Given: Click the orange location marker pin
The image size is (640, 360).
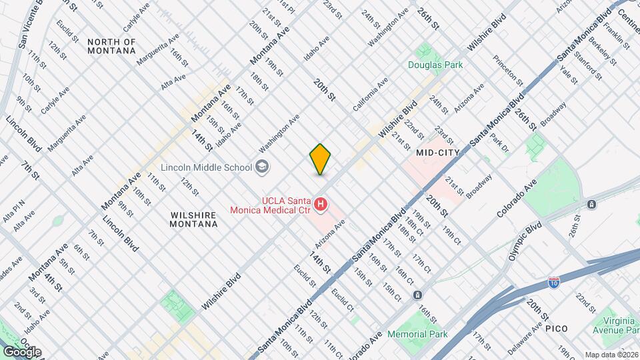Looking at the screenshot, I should [x=320, y=159].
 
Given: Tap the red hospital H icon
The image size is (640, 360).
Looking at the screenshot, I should [x=321, y=204].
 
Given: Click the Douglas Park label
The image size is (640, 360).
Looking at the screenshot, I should [x=435, y=65].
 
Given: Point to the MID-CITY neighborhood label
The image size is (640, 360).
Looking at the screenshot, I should [x=437, y=152].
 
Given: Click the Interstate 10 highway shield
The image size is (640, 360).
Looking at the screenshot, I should [x=553, y=283].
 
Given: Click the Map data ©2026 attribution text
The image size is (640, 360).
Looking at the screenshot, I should [x=611, y=355].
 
